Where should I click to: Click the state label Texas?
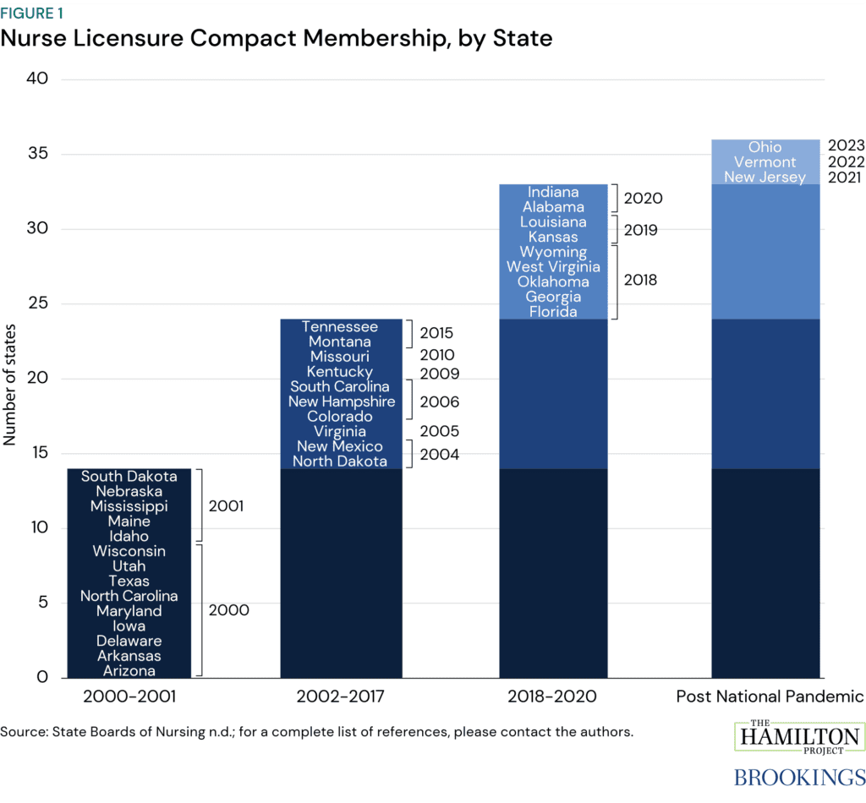point(129,581)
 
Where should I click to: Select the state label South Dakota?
point(129,477)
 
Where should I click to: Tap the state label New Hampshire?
point(341,401)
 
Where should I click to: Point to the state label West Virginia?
point(553,266)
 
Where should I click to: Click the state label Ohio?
point(765,147)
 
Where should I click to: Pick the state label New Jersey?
point(765,177)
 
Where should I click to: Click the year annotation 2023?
point(846,145)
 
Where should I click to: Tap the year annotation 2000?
point(228,609)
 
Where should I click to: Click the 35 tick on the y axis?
point(41,154)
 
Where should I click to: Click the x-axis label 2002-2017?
point(341,697)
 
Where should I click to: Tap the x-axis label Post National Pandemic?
point(770,697)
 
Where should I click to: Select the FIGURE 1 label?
point(31,14)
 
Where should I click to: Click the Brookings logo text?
point(798,776)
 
